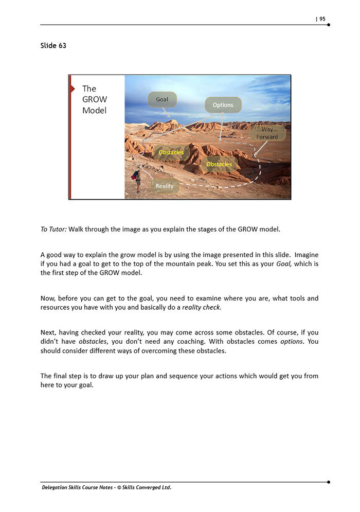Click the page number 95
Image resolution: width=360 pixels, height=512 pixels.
pyautogui.click(x=322, y=19)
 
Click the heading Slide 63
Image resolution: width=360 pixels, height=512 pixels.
pyautogui.click(x=53, y=46)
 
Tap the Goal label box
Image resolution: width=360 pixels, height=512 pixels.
pyautogui.click(x=162, y=99)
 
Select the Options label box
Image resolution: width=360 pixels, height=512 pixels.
pyautogui.click(x=223, y=105)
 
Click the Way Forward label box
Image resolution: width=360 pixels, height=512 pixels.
pyautogui.click(x=267, y=133)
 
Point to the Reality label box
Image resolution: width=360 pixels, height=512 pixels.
pyautogui.click(x=165, y=186)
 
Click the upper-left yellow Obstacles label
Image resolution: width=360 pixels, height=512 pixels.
pyautogui.click(x=171, y=152)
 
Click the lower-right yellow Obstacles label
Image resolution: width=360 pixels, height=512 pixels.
pyautogui.click(x=219, y=164)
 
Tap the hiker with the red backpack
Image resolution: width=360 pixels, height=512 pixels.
pyautogui.click(x=137, y=181)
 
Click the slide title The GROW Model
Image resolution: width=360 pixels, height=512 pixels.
pyautogui.click(x=95, y=99)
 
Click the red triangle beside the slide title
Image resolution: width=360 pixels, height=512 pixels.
pyautogui.click(x=73, y=89)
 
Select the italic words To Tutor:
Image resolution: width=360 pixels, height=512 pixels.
pyautogui.click(x=53, y=229)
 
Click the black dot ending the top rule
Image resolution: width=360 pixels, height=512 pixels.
pyautogui.click(x=328, y=25)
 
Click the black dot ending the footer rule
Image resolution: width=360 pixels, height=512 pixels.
pyautogui.click(x=328, y=482)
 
